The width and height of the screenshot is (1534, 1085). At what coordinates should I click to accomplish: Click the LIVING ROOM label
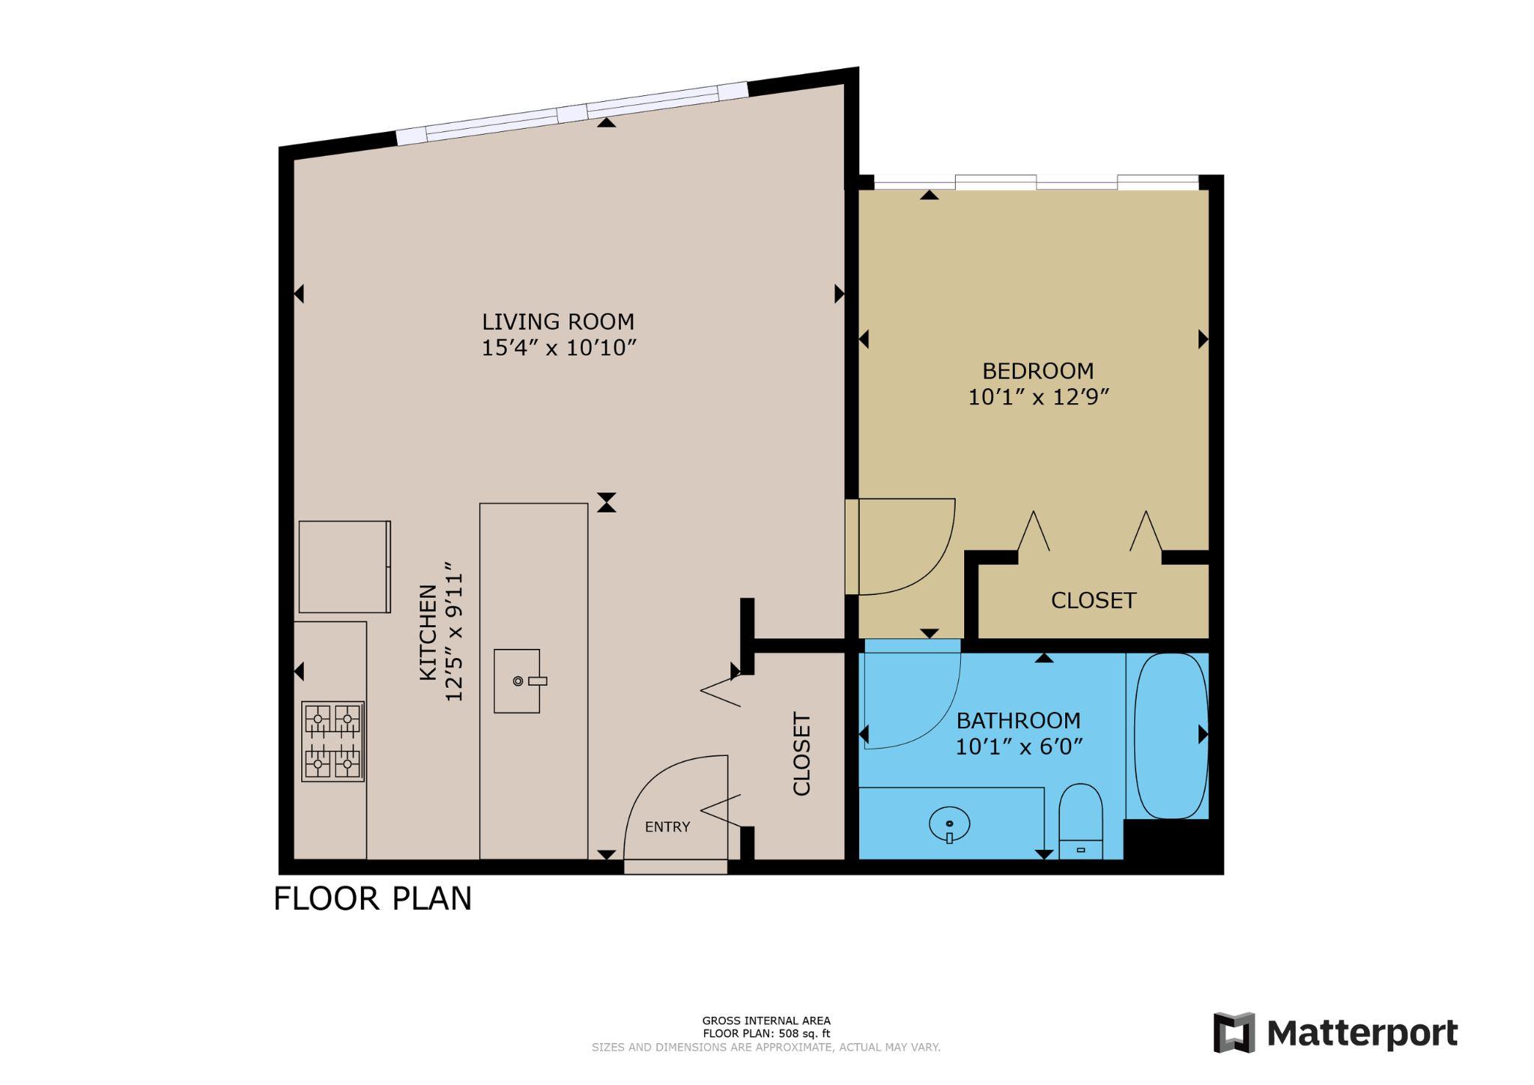[x=558, y=321]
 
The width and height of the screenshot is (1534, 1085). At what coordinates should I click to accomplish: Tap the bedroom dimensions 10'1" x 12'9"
[x=1037, y=397]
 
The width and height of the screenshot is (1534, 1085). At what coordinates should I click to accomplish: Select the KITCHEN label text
[x=428, y=633]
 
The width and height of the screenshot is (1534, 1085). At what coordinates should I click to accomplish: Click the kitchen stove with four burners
[x=333, y=742]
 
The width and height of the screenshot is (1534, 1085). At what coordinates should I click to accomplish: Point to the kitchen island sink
[x=517, y=680]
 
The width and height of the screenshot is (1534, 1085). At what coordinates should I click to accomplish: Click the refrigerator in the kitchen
[x=344, y=567]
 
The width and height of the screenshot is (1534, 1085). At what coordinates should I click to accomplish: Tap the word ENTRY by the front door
[x=667, y=826]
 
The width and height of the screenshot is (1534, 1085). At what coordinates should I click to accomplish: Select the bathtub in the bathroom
[x=1171, y=735]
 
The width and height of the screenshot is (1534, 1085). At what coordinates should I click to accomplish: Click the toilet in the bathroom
[x=1081, y=821]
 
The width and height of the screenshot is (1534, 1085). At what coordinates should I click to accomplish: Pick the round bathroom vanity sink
[x=949, y=824]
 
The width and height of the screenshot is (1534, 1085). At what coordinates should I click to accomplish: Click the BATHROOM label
[x=1018, y=721]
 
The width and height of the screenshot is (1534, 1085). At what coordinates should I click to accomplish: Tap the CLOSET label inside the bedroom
[x=1093, y=600]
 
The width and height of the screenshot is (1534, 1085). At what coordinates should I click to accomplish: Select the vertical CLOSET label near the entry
[x=801, y=754]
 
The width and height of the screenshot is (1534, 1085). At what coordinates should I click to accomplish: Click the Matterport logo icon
[x=1234, y=1033]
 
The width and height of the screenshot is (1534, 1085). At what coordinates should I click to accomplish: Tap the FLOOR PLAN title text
[x=372, y=898]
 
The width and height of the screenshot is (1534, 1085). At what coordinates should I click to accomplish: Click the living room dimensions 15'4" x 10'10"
[x=559, y=348]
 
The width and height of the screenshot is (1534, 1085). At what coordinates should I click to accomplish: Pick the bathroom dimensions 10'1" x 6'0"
[x=1019, y=747]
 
